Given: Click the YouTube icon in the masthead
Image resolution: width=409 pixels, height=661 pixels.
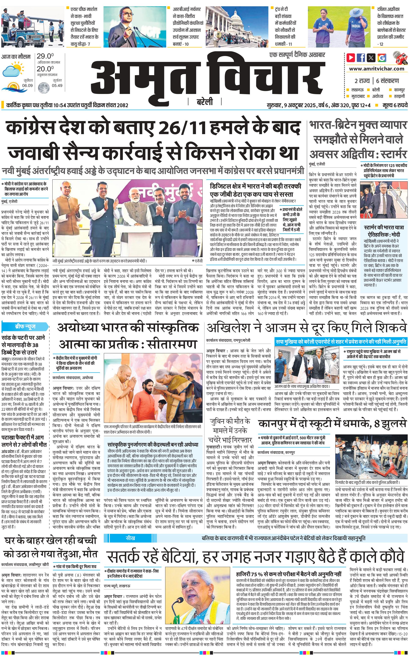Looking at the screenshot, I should click(x=351, y=58).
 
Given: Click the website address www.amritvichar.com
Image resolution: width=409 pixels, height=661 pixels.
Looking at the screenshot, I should click(x=377, y=69).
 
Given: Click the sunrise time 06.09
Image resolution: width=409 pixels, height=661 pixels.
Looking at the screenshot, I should click(x=27, y=85).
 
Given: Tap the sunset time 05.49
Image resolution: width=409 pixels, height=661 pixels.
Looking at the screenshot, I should click(x=57, y=85).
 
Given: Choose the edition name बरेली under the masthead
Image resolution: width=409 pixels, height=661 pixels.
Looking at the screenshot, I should click(x=204, y=102).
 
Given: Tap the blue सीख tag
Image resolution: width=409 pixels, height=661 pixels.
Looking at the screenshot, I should click(x=130, y=538).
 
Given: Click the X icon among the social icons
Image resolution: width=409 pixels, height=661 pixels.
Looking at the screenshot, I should click(x=371, y=58).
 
